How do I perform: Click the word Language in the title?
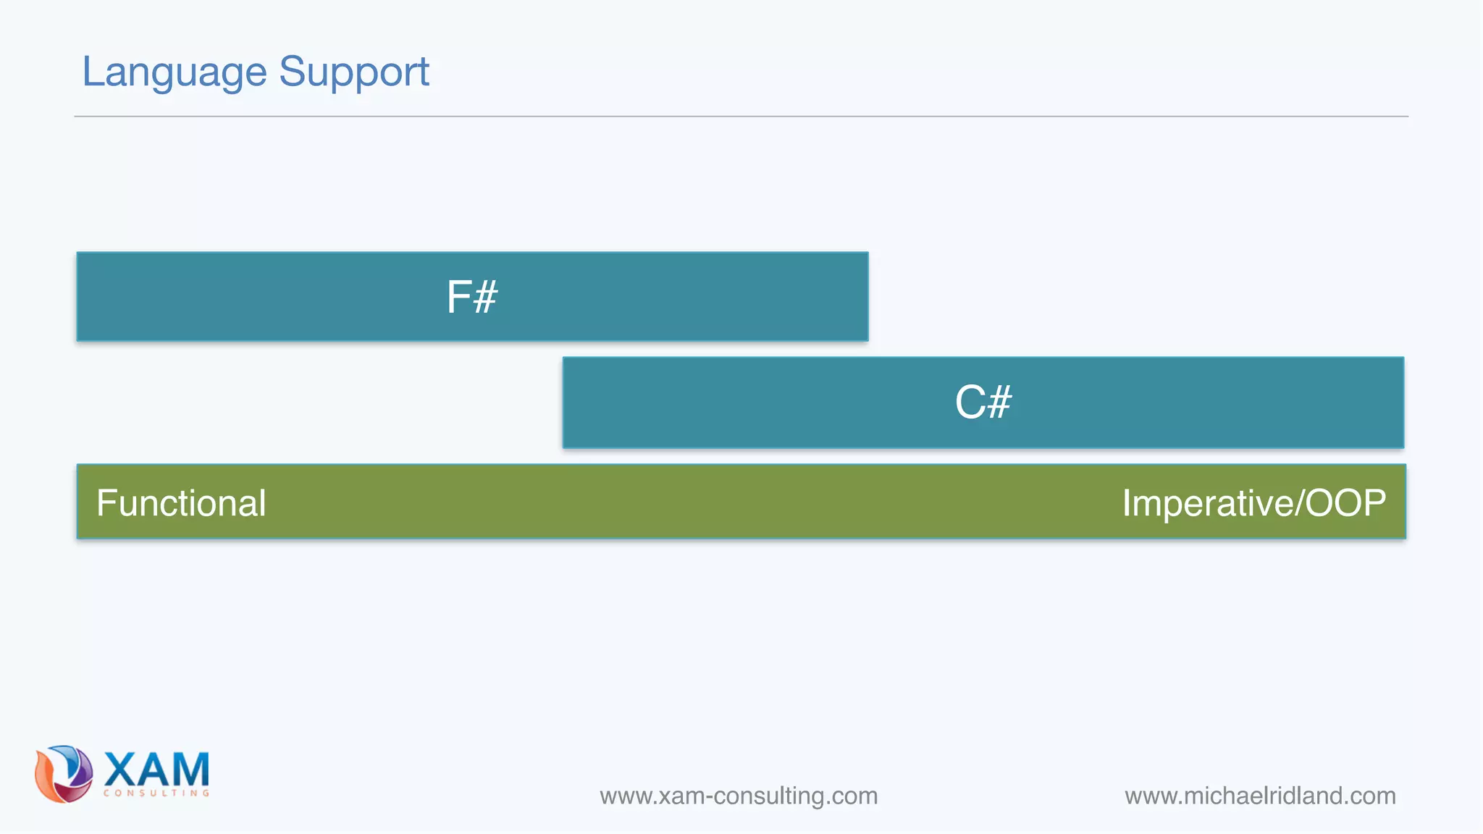click(175, 72)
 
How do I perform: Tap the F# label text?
click(471, 297)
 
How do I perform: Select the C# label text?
click(983, 403)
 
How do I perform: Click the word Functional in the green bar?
click(181, 502)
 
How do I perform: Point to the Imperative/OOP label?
click(1253, 502)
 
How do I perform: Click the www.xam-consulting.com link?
click(739, 796)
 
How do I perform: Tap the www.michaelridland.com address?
click(1260, 796)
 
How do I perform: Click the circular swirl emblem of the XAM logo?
click(64, 773)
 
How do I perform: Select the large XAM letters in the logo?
click(156, 769)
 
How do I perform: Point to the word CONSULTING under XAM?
click(156, 793)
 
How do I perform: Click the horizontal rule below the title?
click(741, 116)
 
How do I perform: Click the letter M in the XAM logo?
click(190, 769)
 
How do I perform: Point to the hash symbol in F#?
click(485, 298)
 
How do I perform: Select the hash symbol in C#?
click(999, 403)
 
